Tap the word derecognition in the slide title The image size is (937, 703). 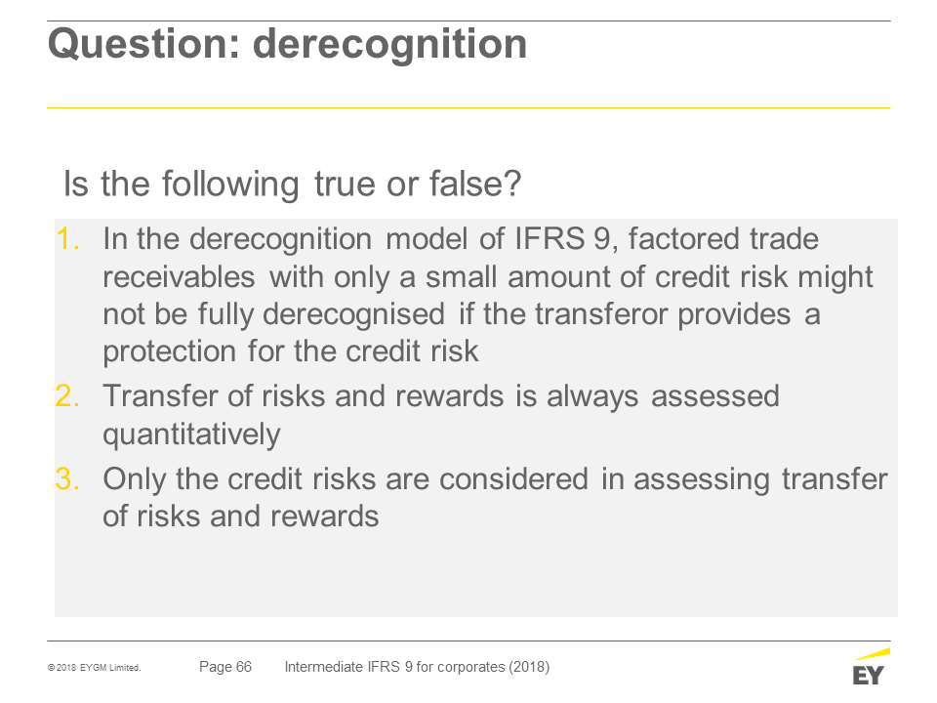point(389,44)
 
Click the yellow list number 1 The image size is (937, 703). point(67,239)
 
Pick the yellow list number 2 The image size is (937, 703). point(67,395)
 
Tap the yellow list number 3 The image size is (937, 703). point(67,478)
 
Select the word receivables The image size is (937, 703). point(179,276)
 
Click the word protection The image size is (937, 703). point(169,351)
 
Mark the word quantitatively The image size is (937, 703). point(191,434)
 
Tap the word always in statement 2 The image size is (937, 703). point(592,397)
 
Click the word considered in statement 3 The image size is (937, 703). point(515,478)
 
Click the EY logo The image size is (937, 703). point(871,667)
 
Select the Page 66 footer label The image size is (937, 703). point(225,667)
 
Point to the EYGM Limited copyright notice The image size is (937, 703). point(94,667)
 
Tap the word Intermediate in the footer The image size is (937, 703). point(323,667)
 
